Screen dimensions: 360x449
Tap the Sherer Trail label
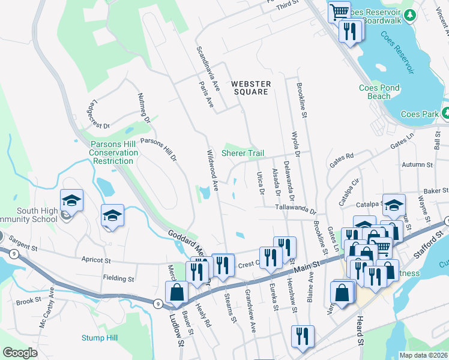243,154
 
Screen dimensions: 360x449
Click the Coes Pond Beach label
379,92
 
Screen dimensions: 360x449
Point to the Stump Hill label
99,338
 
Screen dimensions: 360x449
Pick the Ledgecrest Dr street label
90,115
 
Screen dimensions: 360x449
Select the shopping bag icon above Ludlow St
178,292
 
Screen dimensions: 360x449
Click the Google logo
20,353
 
